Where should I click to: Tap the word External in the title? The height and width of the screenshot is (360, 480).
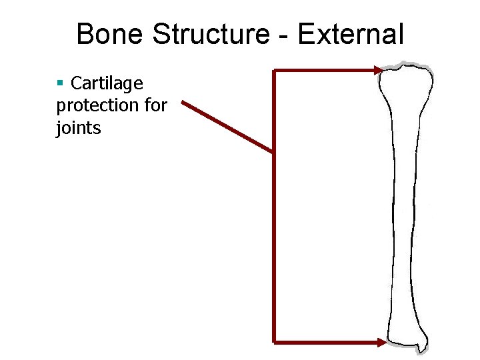pos(351,34)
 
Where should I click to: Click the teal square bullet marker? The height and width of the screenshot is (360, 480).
pos(60,83)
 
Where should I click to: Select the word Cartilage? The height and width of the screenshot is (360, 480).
pos(107,84)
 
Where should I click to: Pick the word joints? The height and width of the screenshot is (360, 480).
pos(79,127)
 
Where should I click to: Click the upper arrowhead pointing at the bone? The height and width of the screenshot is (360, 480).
pos(379,70)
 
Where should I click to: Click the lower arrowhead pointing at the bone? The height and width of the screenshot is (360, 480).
pos(381,342)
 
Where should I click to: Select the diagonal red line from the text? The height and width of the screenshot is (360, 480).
pos(227,127)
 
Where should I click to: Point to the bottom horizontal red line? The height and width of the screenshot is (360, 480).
pos(327,342)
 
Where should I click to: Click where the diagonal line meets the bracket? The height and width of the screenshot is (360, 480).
pos(273,153)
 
